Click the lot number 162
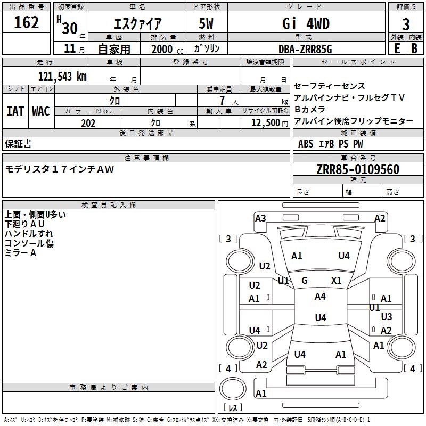(27, 22)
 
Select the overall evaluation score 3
(406, 24)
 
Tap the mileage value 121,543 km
(62, 76)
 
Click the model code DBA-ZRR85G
(306, 48)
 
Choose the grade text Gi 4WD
(306, 24)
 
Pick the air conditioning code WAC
(40, 111)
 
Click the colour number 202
(88, 123)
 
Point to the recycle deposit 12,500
(265, 123)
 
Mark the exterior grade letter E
(397, 48)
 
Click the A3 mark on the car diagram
(260, 218)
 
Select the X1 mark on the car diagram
(336, 280)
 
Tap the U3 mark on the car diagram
(387, 317)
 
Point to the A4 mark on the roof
(320, 297)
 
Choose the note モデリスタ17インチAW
(59, 169)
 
